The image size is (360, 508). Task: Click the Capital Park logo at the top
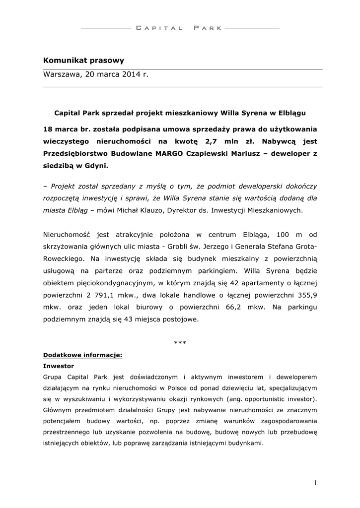(x=179, y=28)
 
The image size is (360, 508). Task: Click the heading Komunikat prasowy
(x=83, y=61)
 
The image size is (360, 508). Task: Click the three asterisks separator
(x=180, y=344)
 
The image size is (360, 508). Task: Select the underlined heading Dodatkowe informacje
(x=82, y=356)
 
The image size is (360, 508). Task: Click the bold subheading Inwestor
(x=59, y=365)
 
